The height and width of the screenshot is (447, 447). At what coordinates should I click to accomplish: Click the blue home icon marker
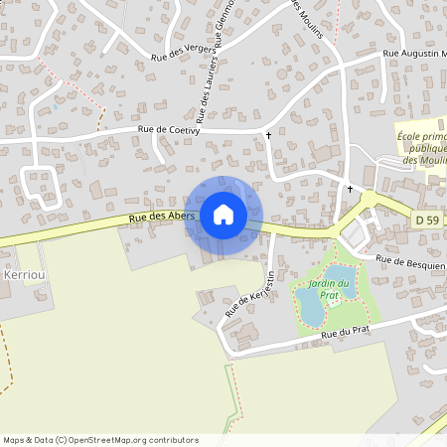tap(223, 215)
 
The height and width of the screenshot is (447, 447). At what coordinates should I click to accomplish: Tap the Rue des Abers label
tap(157, 218)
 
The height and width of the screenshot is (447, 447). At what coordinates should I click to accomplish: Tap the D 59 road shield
tap(426, 217)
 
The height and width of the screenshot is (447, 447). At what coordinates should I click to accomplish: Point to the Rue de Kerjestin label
tap(249, 293)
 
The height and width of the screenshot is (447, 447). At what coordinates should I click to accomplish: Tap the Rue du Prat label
tap(347, 334)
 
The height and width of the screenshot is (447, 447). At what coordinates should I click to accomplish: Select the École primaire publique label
tap(421, 142)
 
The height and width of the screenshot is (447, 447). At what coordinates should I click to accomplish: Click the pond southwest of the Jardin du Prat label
tap(309, 307)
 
